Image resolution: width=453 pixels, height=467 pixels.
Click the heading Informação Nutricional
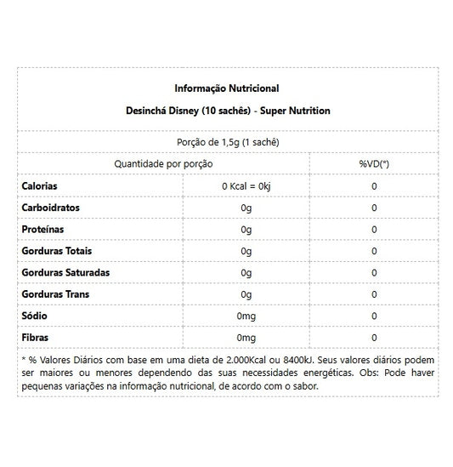tap(226, 88)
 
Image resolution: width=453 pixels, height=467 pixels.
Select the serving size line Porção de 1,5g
tap(226, 142)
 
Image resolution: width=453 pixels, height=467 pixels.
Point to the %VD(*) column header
tap(374, 163)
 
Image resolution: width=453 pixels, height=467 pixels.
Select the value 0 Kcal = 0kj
tap(246, 185)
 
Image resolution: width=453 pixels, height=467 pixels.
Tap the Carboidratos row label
tap(49, 208)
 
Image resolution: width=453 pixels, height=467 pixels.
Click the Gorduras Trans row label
tap(54, 294)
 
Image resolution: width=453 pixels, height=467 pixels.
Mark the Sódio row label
tap(34, 316)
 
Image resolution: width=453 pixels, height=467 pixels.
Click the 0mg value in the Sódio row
tap(246, 316)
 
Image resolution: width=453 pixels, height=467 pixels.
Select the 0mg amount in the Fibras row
tap(246, 338)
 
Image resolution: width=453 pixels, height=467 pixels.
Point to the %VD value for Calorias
tap(374, 185)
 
